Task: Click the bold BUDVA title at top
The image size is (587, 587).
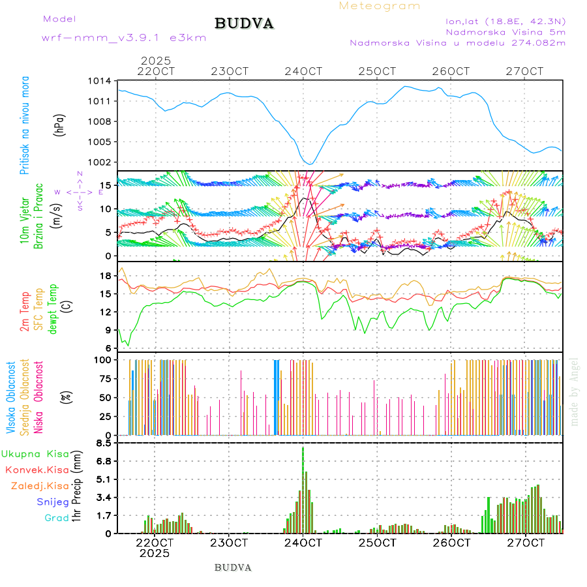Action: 244,23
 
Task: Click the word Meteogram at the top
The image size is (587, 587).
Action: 380,6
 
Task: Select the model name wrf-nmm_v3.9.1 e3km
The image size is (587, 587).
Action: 124,38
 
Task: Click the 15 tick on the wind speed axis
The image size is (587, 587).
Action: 104,185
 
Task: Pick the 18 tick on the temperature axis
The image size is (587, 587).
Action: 104,276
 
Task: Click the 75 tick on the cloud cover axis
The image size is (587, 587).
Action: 104,378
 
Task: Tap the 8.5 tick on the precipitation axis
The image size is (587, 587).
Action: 102,444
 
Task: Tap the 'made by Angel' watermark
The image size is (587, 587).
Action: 575,391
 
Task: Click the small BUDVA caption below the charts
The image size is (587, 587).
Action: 233,567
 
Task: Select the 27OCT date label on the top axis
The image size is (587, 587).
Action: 526,71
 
